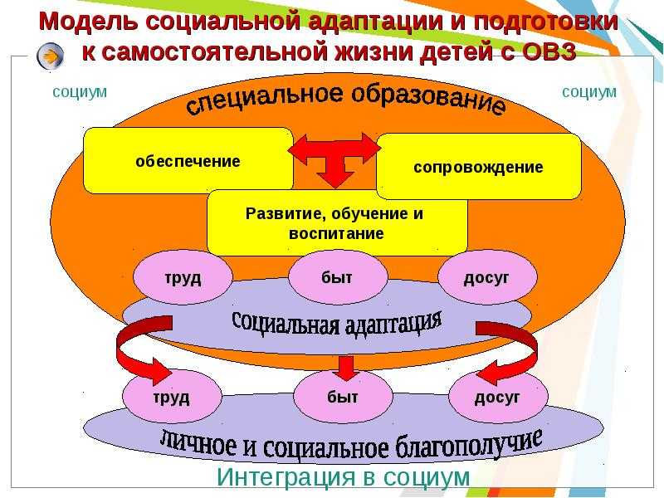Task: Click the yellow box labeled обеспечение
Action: tap(188, 160)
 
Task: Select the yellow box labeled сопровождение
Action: tap(479, 167)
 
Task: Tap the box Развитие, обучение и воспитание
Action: tap(337, 222)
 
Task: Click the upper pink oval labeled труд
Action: tap(183, 278)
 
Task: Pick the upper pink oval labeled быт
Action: tap(338, 277)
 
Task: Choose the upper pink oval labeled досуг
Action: tap(487, 277)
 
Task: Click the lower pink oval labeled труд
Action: tap(173, 398)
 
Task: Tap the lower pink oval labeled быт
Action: tap(343, 397)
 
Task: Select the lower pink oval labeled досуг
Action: tap(498, 397)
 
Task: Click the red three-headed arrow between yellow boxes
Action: tap(335, 157)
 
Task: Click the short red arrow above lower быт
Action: tap(346, 368)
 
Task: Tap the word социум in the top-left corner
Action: tap(80, 92)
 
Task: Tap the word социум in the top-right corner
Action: tap(589, 92)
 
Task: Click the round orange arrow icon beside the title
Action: tap(51, 56)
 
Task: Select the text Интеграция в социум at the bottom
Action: tap(344, 476)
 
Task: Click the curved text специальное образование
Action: tap(345, 98)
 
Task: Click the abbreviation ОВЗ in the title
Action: tap(549, 51)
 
